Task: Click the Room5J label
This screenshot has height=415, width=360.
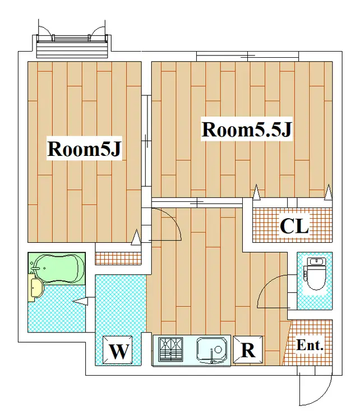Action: pyautogui.click(x=84, y=149)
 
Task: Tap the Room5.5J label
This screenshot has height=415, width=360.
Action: pyautogui.click(x=247, y=130)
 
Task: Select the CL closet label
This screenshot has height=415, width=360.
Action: pyautogui.click(x=294, y=226)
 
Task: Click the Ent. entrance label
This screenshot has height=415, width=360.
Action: pyautogui.click(x=310, y=345)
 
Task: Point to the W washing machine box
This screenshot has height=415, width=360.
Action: pyautogui.click(x=118, y=351)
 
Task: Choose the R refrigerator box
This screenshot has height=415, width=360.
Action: pyautogui.click(x=248, y=350)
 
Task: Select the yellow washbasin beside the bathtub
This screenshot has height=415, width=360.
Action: pyautogui.click(x=36, y=288)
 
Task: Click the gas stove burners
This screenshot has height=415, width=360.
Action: pyautogui.click(x=170, y=349)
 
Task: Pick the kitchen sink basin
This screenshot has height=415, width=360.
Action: pyautogui.click(x=212, y=350)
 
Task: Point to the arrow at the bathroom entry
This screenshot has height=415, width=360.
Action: pyautogui.click(x=80, y=301)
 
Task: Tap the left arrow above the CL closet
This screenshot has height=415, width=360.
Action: pyautogui.click(x=256, y=192)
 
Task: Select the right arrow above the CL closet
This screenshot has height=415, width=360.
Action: pyautogui.click(x=329, y=192)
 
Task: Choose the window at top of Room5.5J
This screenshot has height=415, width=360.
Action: pyautogui.click(x=247, y=56)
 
